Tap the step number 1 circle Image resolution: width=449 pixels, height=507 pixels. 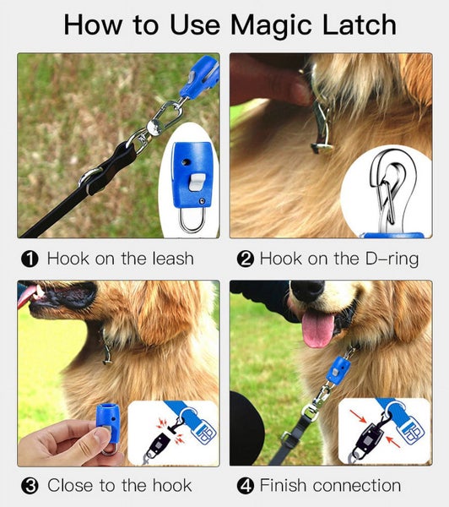28,259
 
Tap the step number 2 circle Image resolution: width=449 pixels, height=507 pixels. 246,259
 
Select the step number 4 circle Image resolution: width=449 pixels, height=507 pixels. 246,486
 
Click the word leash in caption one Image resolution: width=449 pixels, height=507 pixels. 169,259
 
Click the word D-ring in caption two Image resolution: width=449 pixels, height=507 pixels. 385,259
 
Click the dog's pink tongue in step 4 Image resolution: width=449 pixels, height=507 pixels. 318,329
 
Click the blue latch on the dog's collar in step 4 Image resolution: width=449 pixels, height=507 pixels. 338,370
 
